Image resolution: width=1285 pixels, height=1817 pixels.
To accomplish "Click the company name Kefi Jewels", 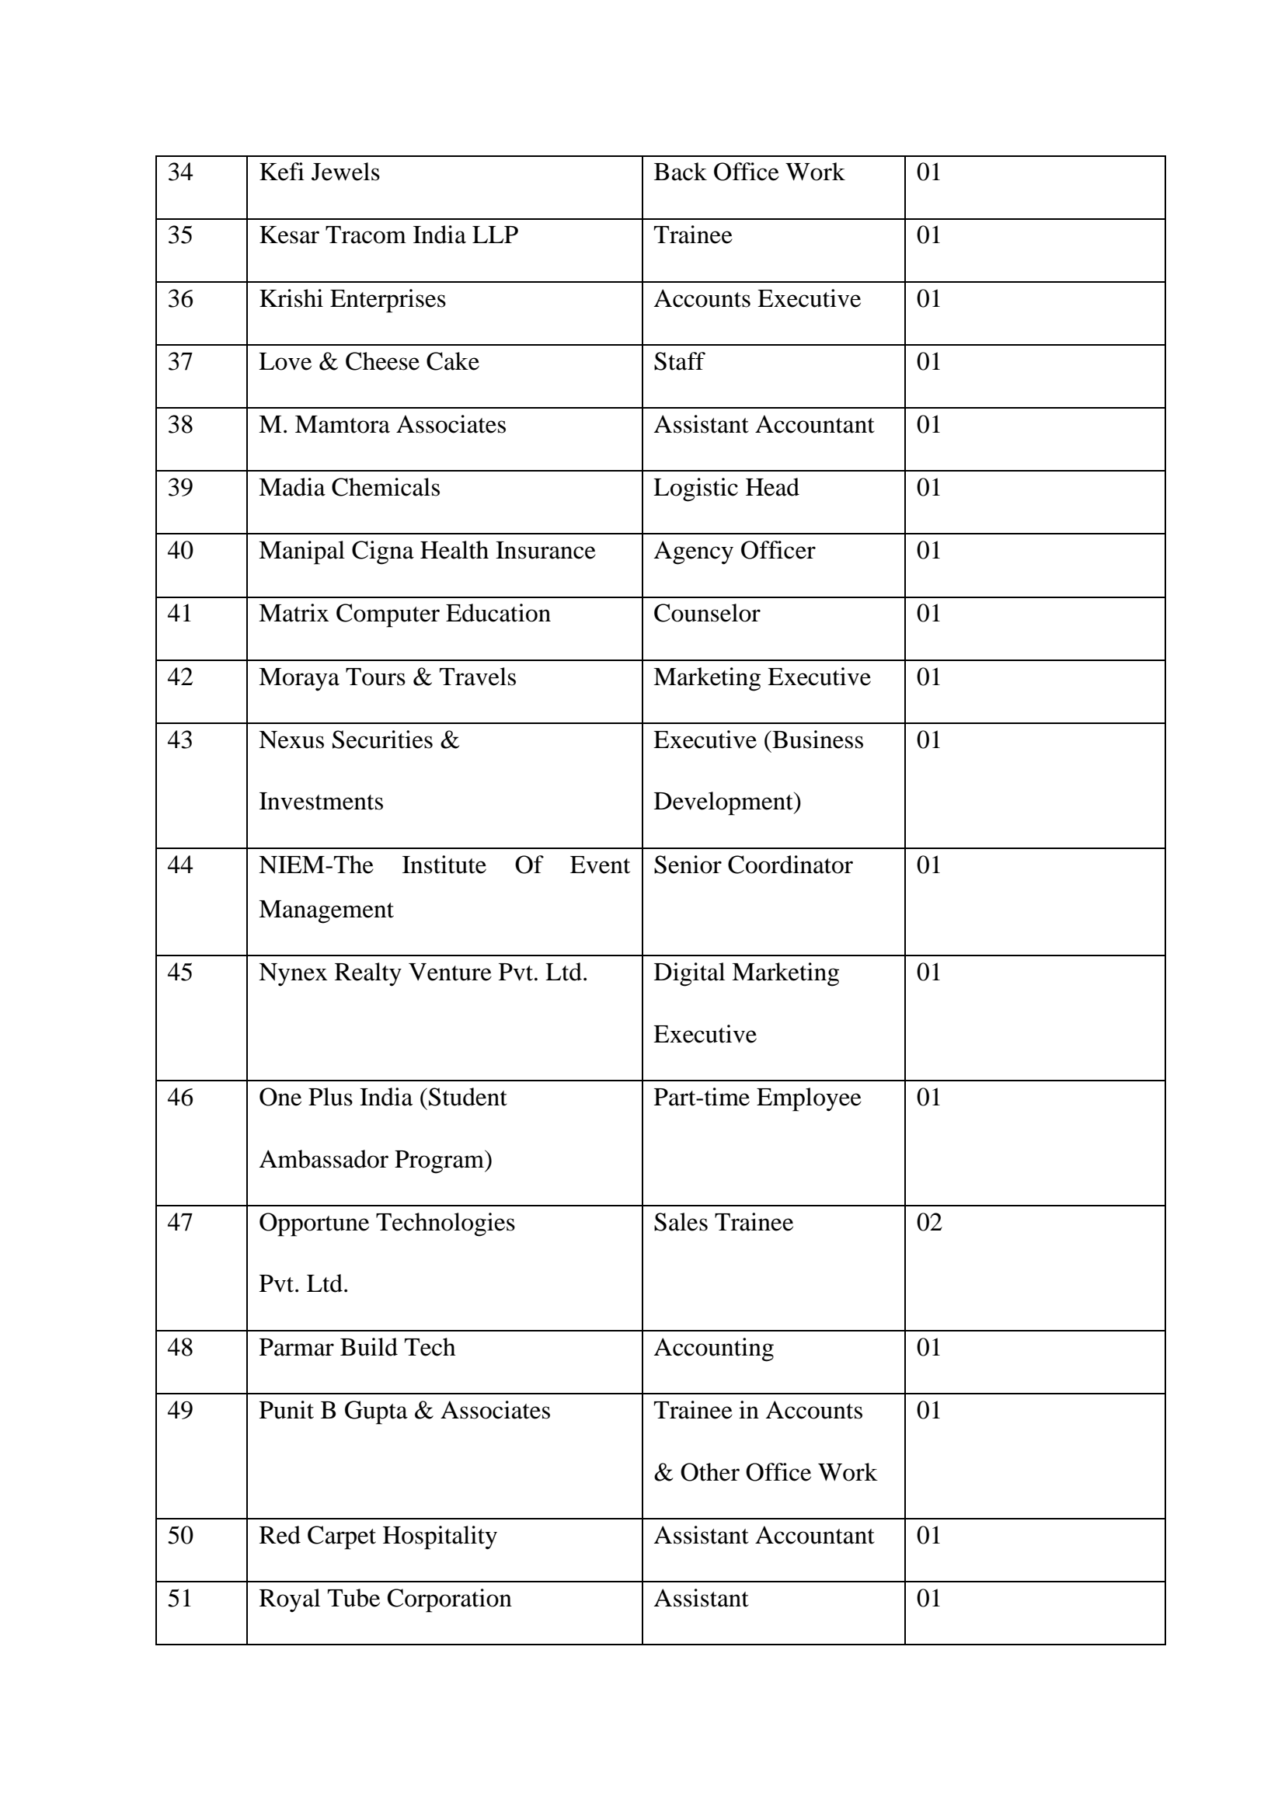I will click(x=319, y=172).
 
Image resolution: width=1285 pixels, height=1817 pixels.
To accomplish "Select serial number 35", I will click(x=180, y=235).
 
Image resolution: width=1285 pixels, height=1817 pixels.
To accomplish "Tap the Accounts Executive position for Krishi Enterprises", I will click(x=757, y=299).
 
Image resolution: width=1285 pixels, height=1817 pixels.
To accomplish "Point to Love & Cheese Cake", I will click(x=369, y=362).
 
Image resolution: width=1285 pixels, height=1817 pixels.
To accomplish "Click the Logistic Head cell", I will click(x=726, y=488).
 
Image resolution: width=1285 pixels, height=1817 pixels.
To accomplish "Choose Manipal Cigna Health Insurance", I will click(x=427, y=551).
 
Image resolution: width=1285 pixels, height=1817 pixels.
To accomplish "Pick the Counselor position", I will click(x=705, y=614).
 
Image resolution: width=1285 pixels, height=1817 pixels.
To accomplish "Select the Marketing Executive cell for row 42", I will click(x=761, y=677).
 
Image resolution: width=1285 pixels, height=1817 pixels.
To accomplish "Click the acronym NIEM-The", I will click(x=315, y=865).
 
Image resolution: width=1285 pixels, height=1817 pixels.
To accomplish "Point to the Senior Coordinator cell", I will click(x=753, y=865).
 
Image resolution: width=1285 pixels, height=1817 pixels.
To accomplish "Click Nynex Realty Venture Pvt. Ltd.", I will click(x=423, y=973).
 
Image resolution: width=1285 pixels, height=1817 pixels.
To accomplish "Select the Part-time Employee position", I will click(x=757, y=1098).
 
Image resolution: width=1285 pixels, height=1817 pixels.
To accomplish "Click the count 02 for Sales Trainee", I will click(x=929, y=1223).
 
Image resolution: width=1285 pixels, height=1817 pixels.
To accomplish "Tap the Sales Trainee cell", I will click(x=723, y=1223).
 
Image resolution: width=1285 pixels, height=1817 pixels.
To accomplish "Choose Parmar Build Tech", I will click(x=357, y=1348).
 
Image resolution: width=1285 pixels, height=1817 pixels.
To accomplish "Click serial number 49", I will click(x=180, y=1410).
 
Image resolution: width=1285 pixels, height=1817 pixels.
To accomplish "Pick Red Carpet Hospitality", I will click(x=378, y=1535).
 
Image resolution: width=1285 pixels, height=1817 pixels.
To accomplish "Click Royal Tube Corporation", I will click(x=385, y=1599).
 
